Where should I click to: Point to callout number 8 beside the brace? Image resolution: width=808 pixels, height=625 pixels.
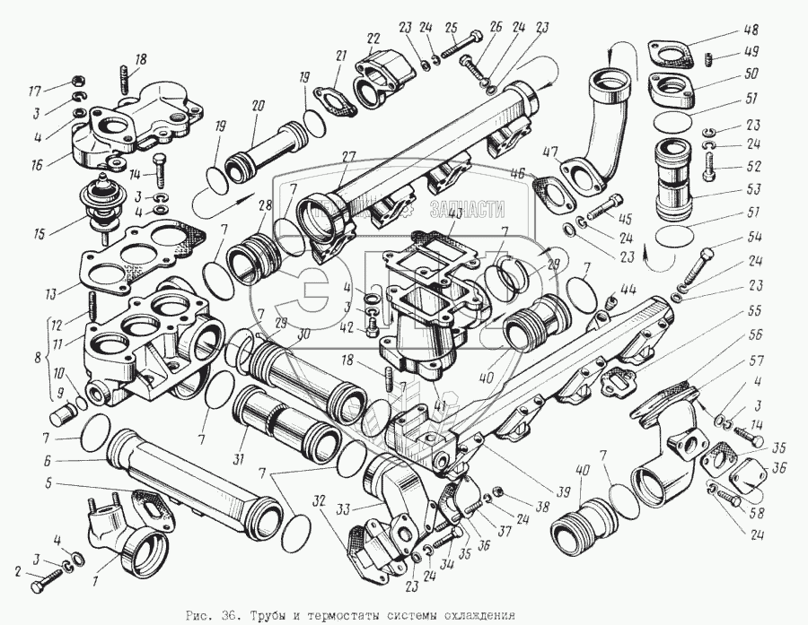(35, 357)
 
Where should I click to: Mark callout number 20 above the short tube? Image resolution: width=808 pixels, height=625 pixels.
(258, 107)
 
